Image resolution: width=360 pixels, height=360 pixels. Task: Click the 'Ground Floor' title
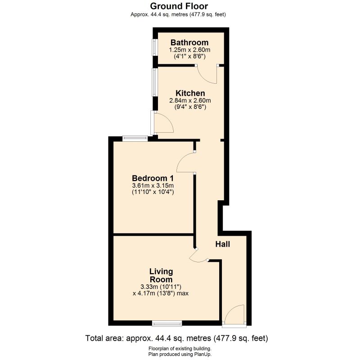[x=179, y=6]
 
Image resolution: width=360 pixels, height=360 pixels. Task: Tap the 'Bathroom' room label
[x=189, y=43]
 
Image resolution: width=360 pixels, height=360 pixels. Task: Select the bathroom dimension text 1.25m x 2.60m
[x=189, y=50]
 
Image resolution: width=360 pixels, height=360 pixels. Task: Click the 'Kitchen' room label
[x=190, y=93]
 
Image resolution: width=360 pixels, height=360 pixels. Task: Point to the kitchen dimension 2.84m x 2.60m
[x=190, y=100]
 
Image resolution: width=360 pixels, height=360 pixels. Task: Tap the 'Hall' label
[x=222, y=244]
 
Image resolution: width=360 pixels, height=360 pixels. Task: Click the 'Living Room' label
[x=161, y=275]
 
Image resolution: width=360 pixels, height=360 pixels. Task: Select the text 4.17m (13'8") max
[x=161, y=293]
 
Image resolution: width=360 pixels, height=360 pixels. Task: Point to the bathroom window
[x=154, y=47]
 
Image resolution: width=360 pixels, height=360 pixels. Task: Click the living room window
[x=167, y=323]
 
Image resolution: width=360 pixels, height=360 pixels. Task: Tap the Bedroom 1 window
[x=135, y=138]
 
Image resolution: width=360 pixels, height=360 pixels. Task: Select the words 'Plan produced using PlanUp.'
[x=180, y=355]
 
